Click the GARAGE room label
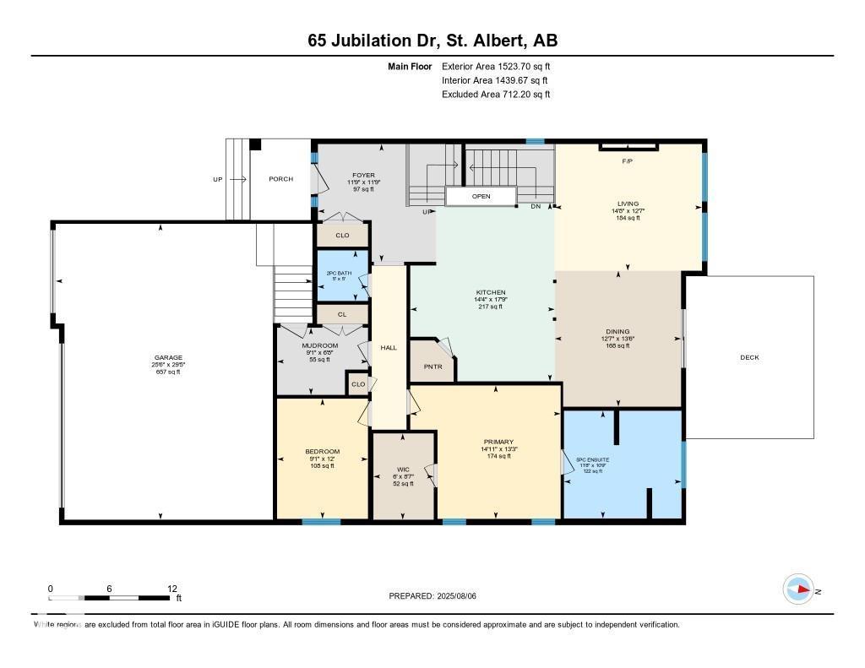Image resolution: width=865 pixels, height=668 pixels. pos(167,357)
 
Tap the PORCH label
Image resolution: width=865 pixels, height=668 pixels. pos(280,179)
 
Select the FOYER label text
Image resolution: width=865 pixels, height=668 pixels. pos(364,176)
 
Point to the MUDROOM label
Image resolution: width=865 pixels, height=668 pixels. pos(320,345)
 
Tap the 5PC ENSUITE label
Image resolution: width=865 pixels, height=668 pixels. pos(593,460)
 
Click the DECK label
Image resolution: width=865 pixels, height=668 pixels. pos(749,357)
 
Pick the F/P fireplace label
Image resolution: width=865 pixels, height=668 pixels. pos(628,160)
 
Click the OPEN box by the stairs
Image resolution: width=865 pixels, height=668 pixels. pos(481,196)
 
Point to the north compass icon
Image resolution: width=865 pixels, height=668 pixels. pos(798,589)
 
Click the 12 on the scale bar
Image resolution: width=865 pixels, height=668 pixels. pos(172,589)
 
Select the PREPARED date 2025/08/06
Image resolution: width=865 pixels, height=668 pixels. pos(432,595)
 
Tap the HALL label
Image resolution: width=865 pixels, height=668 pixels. pos(389,347)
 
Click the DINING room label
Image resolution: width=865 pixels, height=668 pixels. pos(617,332)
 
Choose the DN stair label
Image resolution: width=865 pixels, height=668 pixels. pos(536,206)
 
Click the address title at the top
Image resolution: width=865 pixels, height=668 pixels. pos(432,41)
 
